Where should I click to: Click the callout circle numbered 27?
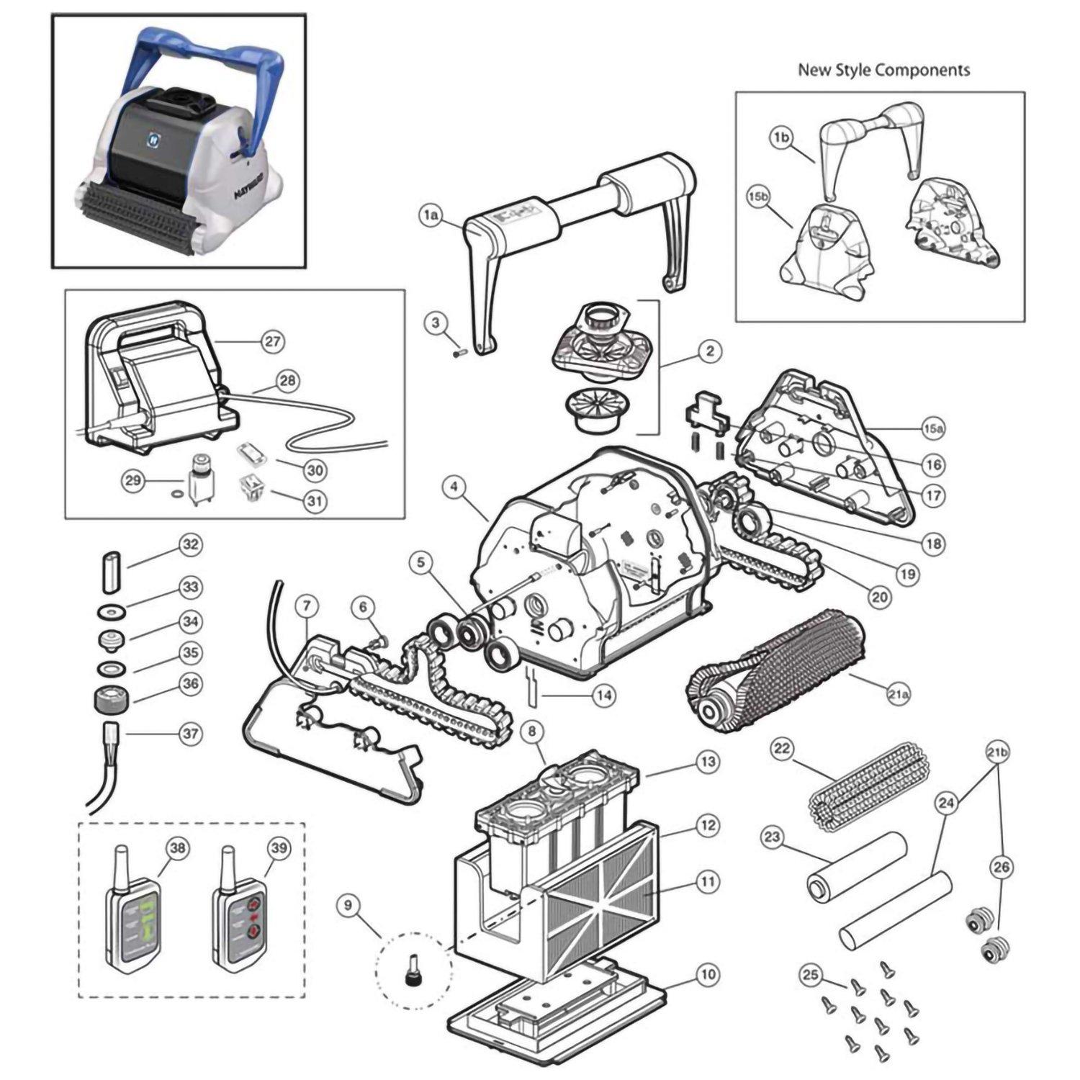[x=274, y=341]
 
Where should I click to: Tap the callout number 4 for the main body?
[x=454, y=487]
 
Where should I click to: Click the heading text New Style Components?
[x=883, y=70]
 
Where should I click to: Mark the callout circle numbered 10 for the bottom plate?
[x=708, y=975]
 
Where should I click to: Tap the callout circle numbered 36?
[x=190, y=684]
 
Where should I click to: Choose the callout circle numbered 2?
[x=709, y=351]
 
